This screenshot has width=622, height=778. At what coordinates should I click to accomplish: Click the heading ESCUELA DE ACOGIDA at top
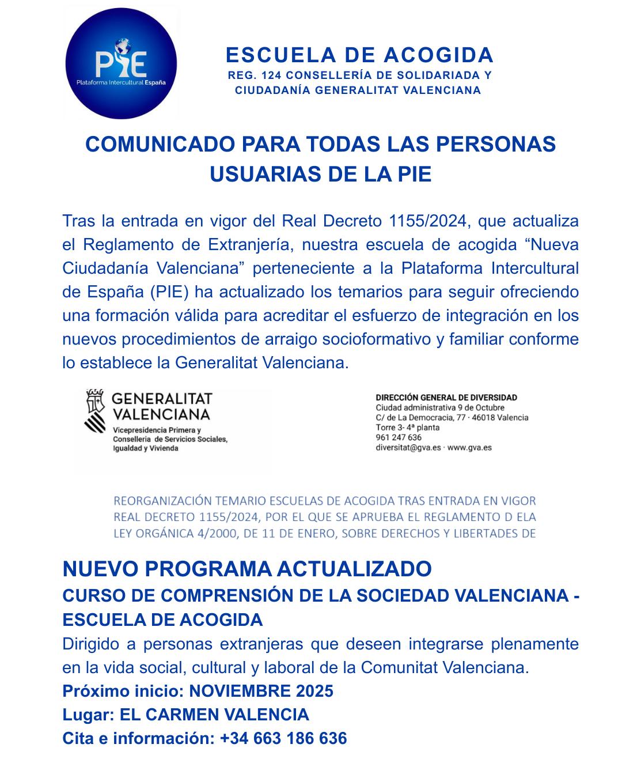pos(360,55)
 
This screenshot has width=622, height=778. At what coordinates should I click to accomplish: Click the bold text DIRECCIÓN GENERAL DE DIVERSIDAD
pos(446,398)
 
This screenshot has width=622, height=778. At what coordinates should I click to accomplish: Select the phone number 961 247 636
pos(399,437)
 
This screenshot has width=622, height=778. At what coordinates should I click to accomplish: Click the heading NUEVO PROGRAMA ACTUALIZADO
pos(246,569)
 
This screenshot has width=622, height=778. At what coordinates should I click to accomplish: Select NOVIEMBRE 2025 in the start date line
pos(261,691)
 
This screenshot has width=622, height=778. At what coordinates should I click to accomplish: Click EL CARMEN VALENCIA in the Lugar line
pos(214,715)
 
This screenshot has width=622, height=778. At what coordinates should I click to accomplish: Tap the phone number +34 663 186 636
pos(283,738)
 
